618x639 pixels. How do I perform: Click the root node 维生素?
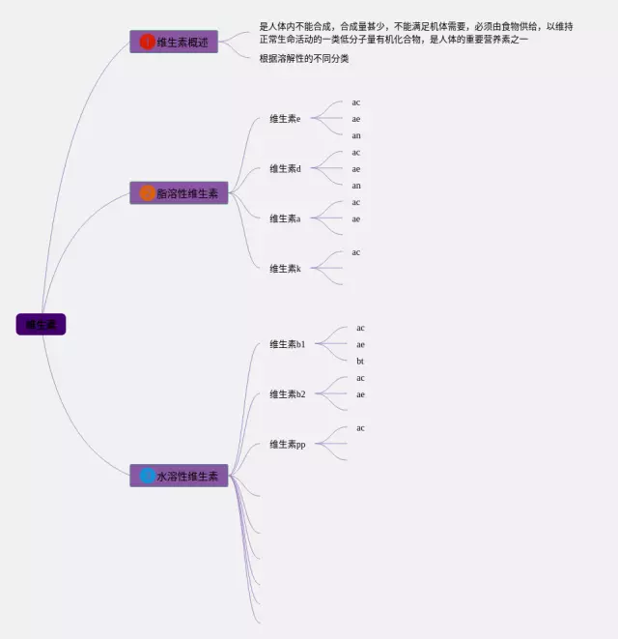coord(41,325)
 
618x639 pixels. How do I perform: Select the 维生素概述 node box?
coord(174,42)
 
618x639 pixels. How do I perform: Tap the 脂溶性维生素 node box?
coord(179,193)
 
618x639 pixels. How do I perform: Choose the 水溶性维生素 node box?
coord(179,476)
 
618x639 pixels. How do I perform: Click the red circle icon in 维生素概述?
coord(147,42)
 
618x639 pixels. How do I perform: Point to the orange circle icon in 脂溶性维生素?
coord(147,193)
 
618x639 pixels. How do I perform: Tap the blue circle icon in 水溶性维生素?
coord(147,476)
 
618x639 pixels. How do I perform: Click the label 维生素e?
coord(285,119)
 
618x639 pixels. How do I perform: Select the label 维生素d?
coord(285,169)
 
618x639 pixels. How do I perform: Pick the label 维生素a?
coord(285,218)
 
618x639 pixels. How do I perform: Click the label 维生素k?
coord(285,269)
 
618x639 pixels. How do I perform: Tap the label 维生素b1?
coord(287,344)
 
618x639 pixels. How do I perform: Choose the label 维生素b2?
coord(287,394)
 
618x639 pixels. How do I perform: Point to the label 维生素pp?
coord(287,445)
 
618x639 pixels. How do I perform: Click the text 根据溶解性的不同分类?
coord(304,59)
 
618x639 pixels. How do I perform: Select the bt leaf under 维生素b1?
coord(360,362)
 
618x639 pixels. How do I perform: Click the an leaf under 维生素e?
coord(356,136)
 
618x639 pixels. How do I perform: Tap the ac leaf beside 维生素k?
coord(356,252)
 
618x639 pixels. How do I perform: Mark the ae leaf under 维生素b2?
coord(360,394)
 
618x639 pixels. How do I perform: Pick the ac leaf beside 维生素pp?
coord(360,428)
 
